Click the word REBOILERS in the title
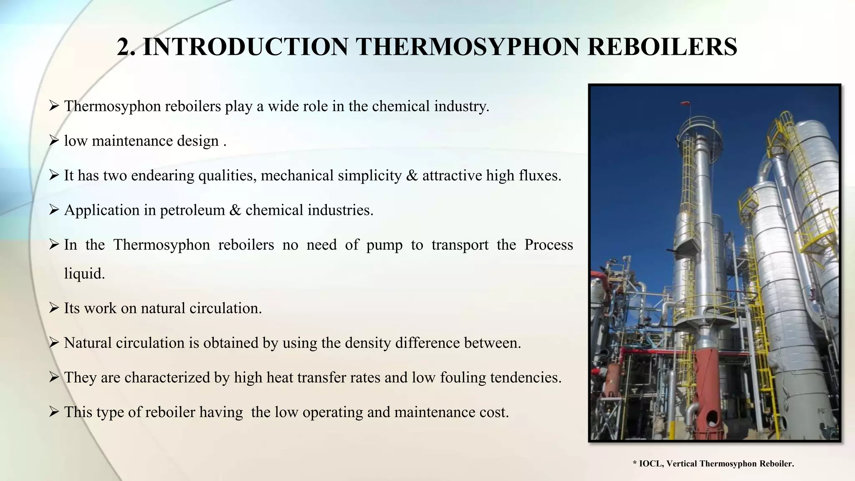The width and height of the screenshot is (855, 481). [662, 47]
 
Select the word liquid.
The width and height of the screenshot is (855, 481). [84, 274]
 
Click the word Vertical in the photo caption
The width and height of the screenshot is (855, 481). [682, 463]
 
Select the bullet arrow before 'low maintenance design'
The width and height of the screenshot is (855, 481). [54, 141]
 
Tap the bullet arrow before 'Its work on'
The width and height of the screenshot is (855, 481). [54, 308]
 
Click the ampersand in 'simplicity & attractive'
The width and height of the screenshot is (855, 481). [412, 176]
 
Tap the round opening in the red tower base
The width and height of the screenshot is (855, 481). [712, 416]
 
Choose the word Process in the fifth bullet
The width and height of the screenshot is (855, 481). [549, 245]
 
